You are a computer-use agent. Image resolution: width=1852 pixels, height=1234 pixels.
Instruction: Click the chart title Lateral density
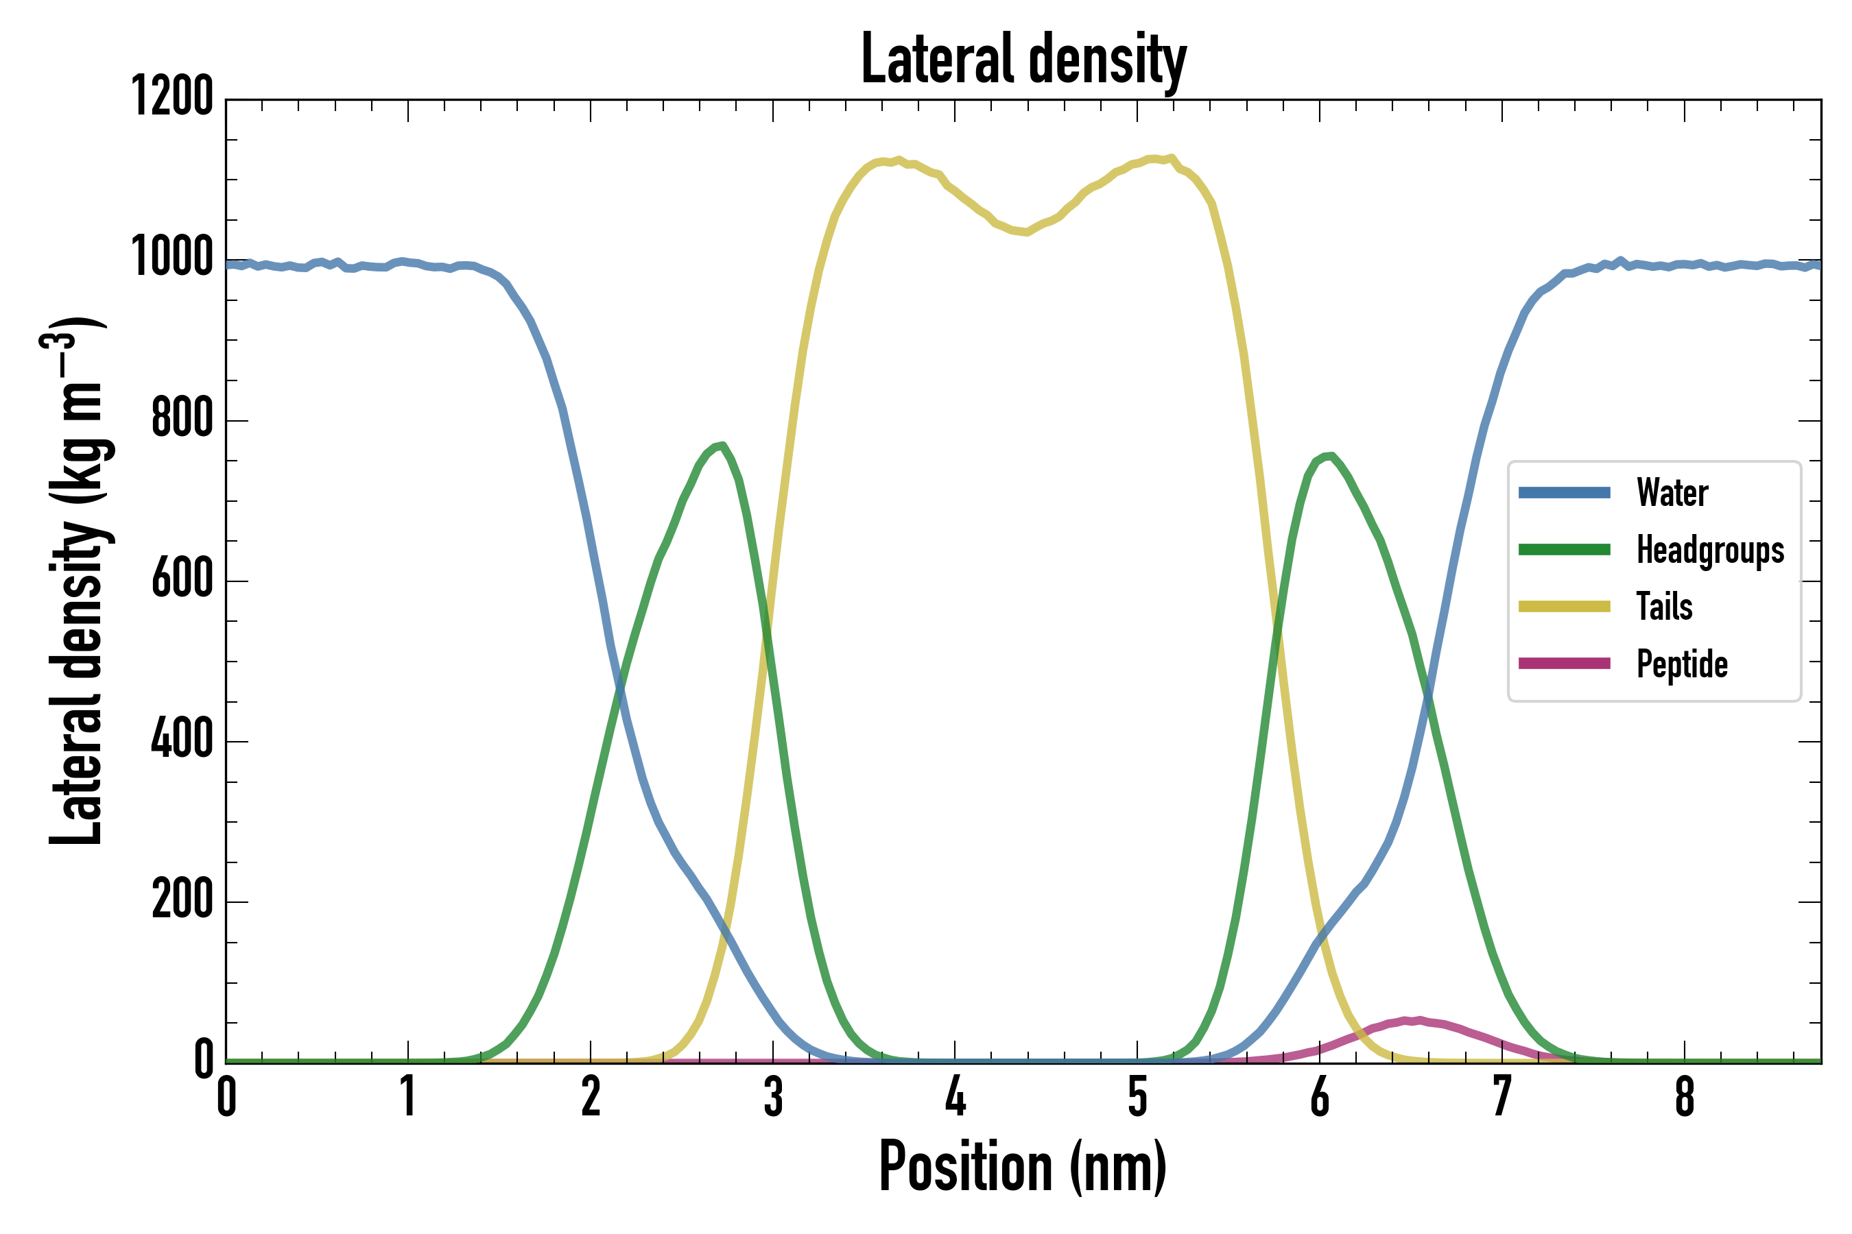pos(1023,59)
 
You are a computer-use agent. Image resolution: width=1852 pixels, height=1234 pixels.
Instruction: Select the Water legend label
pos(1672,494)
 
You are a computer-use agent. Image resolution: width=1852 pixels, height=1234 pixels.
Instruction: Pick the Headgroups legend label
pos(1710,550)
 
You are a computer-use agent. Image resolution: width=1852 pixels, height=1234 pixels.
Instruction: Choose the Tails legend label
pos(1665,607)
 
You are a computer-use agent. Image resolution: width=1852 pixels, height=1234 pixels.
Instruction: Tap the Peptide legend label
pos(1682,664)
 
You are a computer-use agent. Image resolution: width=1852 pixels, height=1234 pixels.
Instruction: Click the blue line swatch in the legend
pos(1564,494)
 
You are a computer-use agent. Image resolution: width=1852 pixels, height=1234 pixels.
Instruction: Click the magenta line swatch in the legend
pos(1564,664)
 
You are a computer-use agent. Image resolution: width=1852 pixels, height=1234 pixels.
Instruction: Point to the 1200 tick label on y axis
pos(172,97)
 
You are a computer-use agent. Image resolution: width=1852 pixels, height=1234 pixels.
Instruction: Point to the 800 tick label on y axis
pos(182,419)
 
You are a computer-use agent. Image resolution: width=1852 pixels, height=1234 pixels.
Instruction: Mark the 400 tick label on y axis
pos(182,740)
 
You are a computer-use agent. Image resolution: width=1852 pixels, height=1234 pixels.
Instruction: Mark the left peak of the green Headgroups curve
pos(722,446)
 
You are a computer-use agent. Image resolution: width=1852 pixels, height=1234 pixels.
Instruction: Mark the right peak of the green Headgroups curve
pos(1329,456)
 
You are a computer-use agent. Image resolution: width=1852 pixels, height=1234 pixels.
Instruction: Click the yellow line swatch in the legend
pos(1564,607)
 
